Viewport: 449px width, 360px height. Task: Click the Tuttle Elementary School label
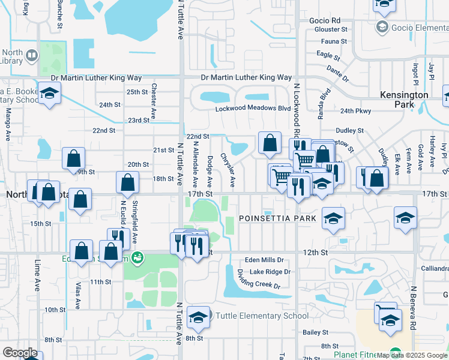coord(262,316)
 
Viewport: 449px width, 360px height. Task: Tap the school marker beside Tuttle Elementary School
coord(198,318)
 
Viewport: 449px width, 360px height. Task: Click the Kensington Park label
coord(405,100)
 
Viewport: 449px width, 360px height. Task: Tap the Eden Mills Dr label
coord(264,260)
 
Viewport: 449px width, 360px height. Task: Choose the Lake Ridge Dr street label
coord(270,272)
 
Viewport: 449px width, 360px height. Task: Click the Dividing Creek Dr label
coord(259,279)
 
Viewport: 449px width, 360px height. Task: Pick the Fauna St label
coord(330,41)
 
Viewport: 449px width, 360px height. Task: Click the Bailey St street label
coord(316,332)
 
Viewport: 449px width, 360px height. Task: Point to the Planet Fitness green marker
coord(394,352)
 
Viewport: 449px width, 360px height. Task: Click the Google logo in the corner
coord(20,353)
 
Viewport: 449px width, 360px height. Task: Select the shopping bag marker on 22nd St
coord(270,143)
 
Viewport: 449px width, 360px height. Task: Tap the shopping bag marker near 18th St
coord(128,182)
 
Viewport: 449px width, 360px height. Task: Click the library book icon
coord(30,57)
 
